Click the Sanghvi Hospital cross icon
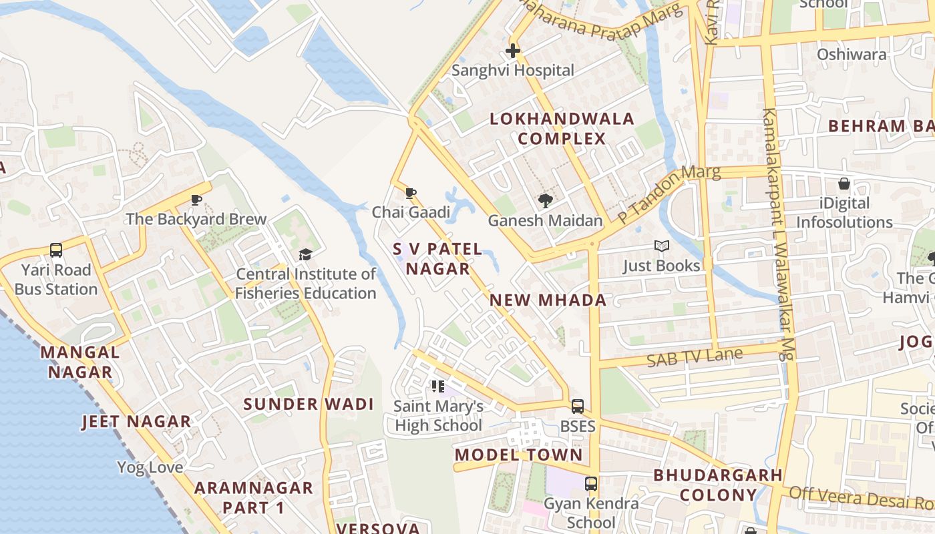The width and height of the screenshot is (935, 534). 513,51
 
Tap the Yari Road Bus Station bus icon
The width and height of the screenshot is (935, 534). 56,250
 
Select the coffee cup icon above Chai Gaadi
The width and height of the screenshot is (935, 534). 411,194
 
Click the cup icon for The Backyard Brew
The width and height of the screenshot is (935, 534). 196,200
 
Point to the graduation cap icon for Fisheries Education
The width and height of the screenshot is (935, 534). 305,254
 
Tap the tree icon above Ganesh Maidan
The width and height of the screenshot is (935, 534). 546,200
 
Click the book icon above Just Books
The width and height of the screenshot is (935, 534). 661,246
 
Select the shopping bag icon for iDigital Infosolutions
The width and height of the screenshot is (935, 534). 844,184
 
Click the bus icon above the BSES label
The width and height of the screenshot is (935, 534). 578,406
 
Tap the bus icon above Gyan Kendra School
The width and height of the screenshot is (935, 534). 591,484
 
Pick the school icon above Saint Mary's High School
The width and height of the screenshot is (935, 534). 438,386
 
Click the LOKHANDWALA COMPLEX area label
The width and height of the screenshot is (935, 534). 562,129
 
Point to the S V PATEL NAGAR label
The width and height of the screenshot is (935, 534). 437,259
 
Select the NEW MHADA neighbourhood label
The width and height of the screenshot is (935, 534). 548,300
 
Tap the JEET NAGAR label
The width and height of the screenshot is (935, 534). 136,422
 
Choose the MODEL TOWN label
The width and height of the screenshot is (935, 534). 518,455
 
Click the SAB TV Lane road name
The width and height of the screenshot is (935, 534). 695,358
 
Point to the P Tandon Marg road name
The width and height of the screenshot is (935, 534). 669,194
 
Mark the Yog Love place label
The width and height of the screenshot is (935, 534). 150,467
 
